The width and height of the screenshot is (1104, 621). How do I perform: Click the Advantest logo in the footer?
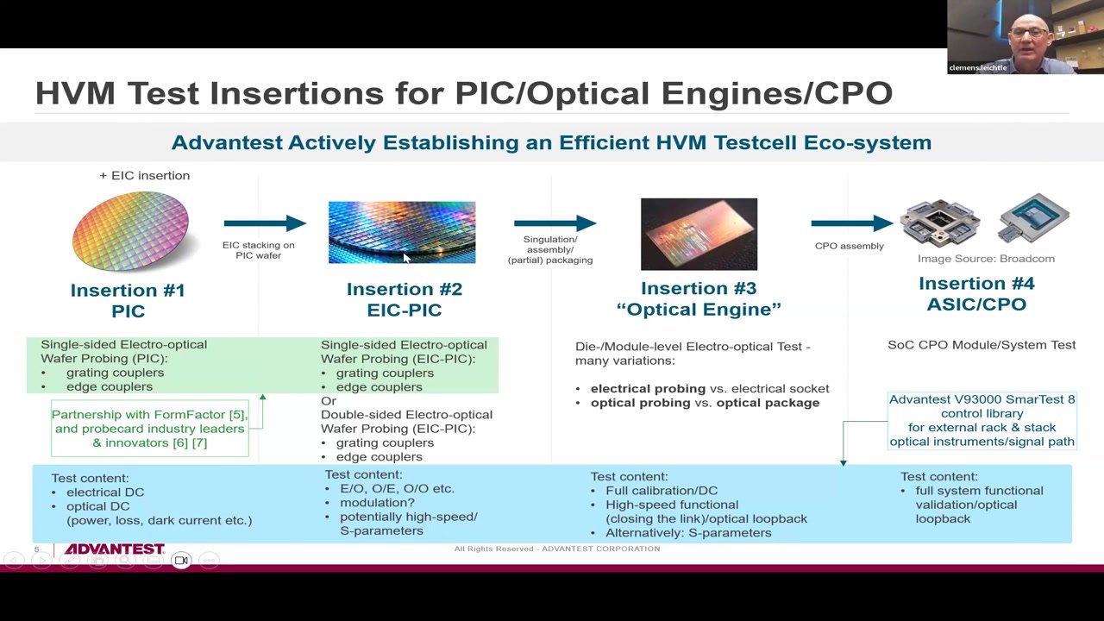click(115, 549)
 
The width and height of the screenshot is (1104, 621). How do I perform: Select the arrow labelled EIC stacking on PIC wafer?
click(265, 223)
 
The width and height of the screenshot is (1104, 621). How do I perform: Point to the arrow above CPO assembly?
click(852, 223)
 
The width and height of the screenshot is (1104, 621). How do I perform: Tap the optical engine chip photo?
click(699, 234)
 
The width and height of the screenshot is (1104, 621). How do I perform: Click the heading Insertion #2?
click(405, 289)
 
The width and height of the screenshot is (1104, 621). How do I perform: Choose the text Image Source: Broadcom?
click(986, 259)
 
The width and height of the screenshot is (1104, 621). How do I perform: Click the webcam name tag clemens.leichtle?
click(978, 67)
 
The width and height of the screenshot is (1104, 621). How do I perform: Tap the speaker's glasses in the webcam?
click(1029, 33)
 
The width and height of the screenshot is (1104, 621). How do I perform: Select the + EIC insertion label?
click(144, 175)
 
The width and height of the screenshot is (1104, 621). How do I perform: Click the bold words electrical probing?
click(648, 388)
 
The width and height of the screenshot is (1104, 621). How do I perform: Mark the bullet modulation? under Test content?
click(377, 503)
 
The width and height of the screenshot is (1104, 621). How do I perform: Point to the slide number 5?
click(36, 549)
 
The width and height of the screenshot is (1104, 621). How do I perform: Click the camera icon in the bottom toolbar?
click(181, 561)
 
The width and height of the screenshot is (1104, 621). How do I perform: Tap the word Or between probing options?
click(329, 401)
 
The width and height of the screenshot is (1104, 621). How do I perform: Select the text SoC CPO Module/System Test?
click(982, 345)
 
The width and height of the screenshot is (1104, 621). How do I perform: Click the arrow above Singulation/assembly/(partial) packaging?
click(555, 223)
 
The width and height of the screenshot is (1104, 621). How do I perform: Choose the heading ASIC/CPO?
click(977, 304)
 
